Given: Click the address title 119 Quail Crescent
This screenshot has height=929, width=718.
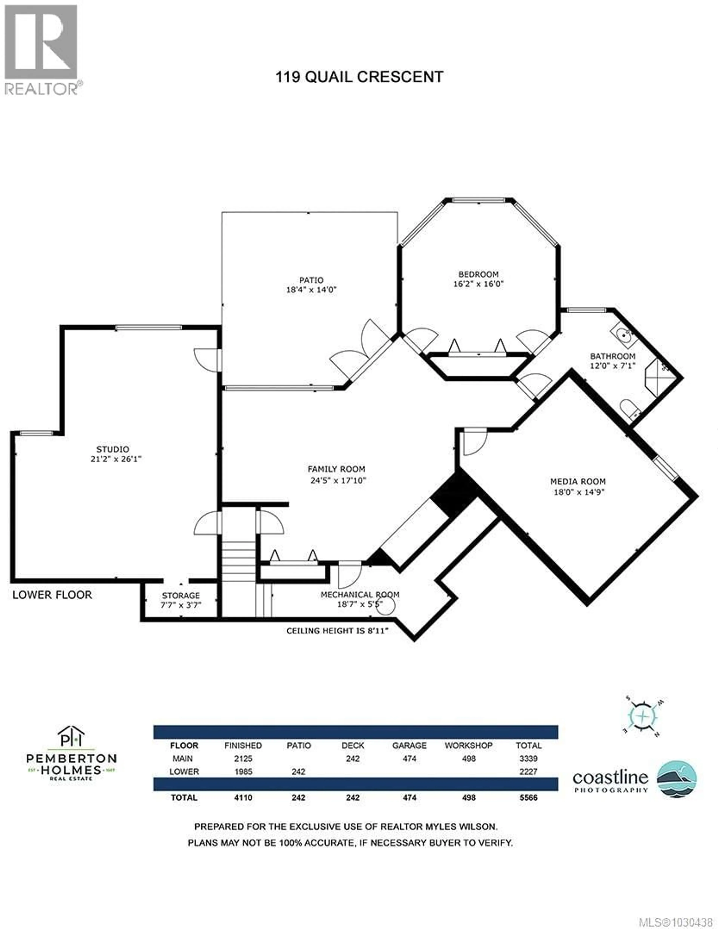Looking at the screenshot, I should click(x=359, y=77).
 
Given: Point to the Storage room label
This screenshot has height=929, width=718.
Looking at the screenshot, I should click(x=181, y=595).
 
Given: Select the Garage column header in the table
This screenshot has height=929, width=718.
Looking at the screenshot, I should click(x=409, y=746).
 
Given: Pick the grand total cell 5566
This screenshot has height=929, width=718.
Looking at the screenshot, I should click(x=528, y=798).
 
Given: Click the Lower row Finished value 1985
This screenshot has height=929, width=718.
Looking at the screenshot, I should click(x=243, y=772).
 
